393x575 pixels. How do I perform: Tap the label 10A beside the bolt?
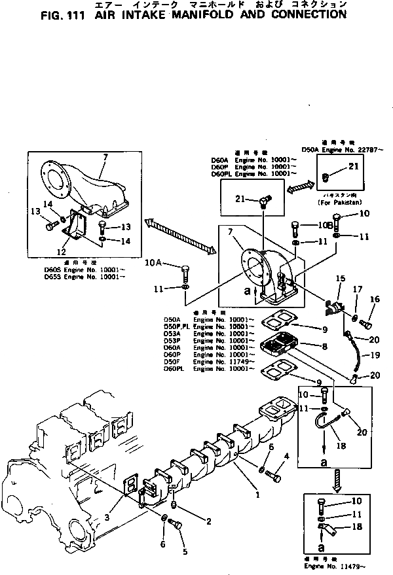coord(153,262)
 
